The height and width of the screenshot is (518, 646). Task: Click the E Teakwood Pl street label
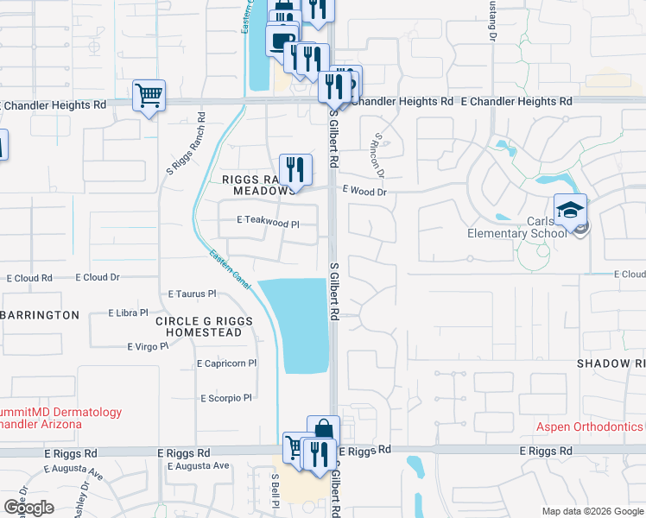pos(268,222)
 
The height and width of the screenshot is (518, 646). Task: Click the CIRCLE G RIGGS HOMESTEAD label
pos(204,326)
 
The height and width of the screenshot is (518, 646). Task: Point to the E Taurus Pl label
pos(192,294)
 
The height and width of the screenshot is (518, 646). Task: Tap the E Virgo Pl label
pos(148,346)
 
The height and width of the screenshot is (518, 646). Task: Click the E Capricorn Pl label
pos(227,363)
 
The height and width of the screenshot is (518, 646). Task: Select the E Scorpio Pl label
pos(225,398)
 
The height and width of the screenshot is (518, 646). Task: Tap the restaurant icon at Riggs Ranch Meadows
pos(295,169)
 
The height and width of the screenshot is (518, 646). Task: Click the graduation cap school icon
pos(571,210)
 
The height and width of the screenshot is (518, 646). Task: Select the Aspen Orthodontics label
pos(590,426)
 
